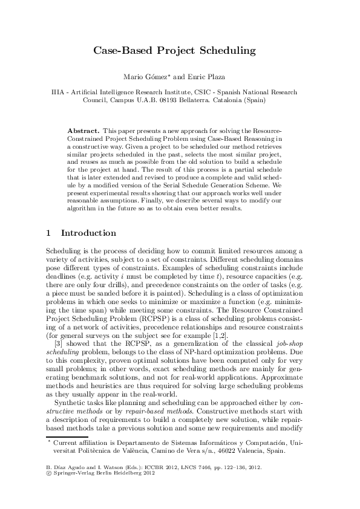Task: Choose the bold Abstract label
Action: click(x=83, y=131)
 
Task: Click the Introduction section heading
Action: click(x=88, y=233)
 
